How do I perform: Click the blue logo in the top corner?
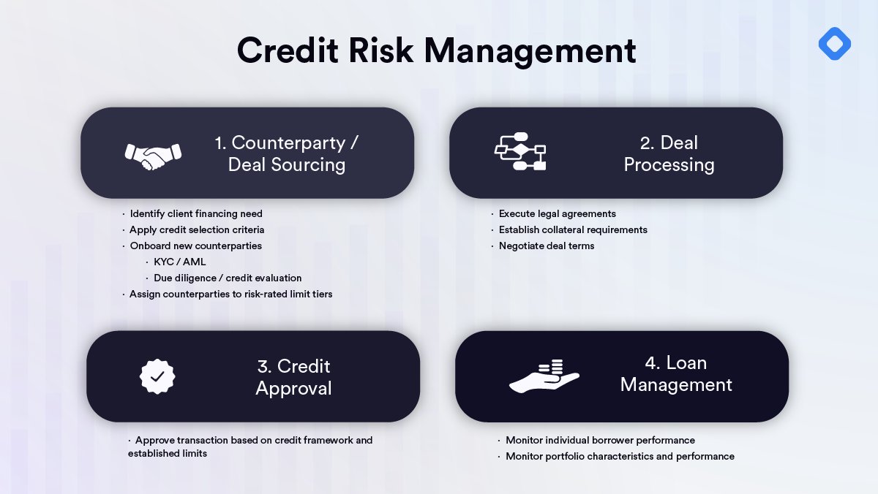[834, 45]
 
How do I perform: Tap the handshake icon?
[153, 154]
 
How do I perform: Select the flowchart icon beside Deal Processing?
[520, 152]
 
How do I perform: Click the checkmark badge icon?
[157, 376]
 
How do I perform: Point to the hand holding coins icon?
[544, 376]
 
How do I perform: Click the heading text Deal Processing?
[668, 153]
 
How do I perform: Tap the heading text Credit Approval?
[293, 376]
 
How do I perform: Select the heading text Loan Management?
[675, 373]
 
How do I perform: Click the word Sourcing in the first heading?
[307, 164]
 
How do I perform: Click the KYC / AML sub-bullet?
[180, 262]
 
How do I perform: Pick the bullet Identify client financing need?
[196, 214]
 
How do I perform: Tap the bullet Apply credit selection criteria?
[197, 230]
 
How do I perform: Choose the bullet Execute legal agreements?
[557, 214]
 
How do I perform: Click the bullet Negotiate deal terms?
[546, 246]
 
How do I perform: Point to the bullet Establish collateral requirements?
[573, 230]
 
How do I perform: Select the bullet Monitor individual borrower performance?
[600, 441]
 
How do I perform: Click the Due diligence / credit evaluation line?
[228, 278]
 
